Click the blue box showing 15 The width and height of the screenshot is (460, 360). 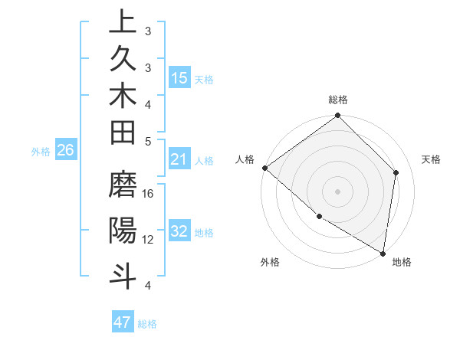pos(179,78)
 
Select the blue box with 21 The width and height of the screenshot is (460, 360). pos(179,160)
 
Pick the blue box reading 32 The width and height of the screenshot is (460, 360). pos(179,232)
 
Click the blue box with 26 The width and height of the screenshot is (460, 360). pos(66,151)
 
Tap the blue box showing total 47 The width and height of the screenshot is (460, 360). pos(123,322)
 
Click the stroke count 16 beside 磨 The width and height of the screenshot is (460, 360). pos(148,194)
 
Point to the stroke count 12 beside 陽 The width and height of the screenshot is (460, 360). pos(148,239)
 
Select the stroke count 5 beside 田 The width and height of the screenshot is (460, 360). pos(148,141)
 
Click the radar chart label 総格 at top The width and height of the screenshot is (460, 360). pos(338,100)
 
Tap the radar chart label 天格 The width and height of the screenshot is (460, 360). pos(431,159)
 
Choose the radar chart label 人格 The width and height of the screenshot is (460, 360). pos(245,159)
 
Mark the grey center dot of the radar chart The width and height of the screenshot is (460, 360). pos(338,191)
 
